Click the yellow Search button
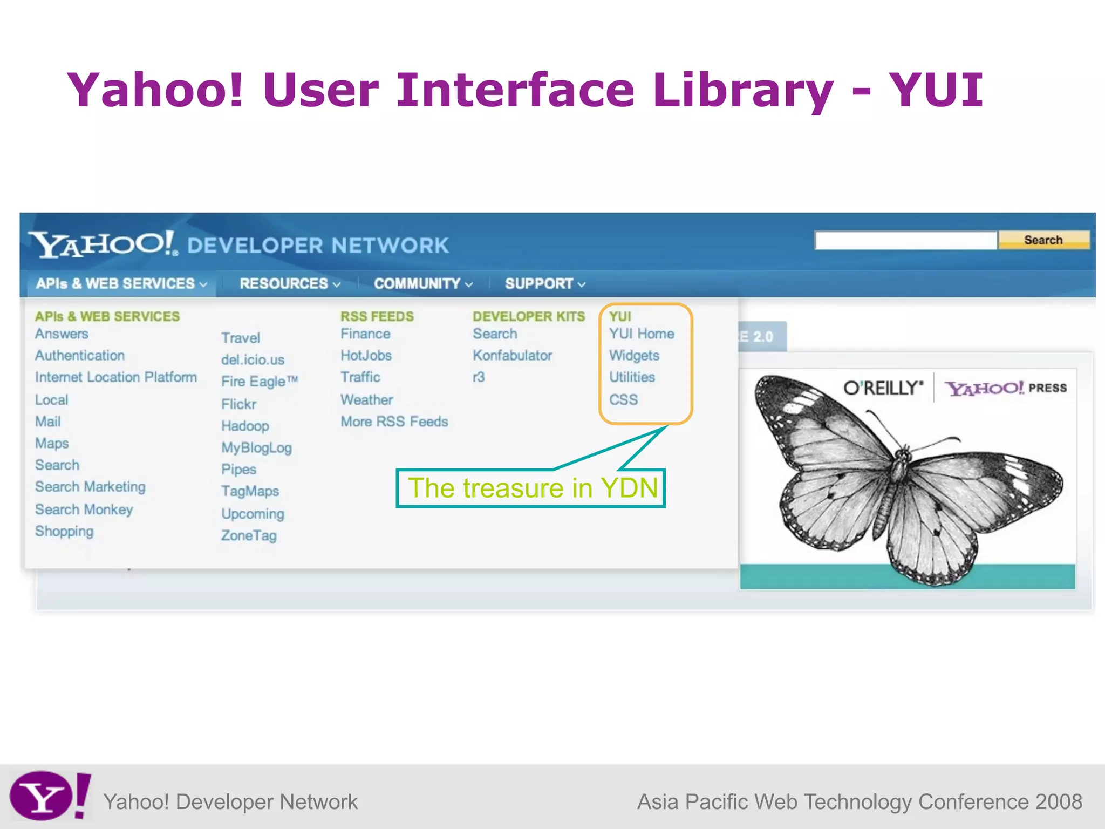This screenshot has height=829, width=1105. pyautogui.click(x=1043, y=240)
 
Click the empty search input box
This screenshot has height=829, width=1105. pyautogui.click(x=905, y=241)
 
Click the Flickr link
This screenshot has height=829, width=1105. pyautogui.click(x=238, y=404)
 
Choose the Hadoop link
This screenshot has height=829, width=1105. pyautogui.click(x=245, y=426)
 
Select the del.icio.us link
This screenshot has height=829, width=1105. pyautogui.click(x=253, y=360)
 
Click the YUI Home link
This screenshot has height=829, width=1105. pyautogui.click(x=642, y=334)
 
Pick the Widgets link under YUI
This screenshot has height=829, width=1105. pyautogui.click(x=634, y=356)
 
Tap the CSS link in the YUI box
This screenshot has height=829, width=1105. pyautogui.click(x=623, y=400)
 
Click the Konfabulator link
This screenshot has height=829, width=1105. pyautogui.click(x=512, y=356)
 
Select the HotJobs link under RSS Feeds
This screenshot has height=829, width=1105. pyautogui.click(x=366, y=356)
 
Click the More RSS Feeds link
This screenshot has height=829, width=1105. pyautogui.click(x=394, y=422)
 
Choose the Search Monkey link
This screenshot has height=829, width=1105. pyautogui.click(x=84, y=509)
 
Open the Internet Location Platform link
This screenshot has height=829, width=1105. pyautogui.click(x=115, y=377)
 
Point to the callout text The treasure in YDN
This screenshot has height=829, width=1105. pyautogui.click(x=532, y=488)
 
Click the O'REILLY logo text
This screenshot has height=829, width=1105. pyautogui.click(x=883, y=388)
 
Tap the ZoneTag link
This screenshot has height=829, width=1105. pyautogui.click(x=249, y=535)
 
